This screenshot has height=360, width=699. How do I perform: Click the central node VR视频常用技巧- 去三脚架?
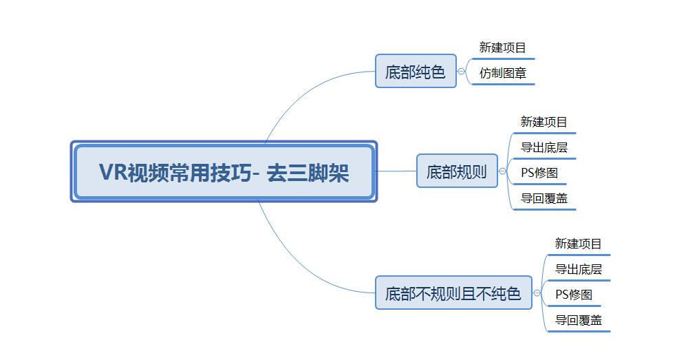coord(224,172)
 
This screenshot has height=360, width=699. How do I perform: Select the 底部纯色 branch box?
coord(416,71)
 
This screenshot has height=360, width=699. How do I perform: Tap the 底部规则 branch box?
coord(457,171)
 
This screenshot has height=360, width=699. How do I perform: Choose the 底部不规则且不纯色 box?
coord(454,293)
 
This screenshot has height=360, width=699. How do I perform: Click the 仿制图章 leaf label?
coord(503,73)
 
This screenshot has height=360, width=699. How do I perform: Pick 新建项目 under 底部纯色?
coord(503,47)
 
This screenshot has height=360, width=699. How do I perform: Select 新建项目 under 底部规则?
coord(544,121)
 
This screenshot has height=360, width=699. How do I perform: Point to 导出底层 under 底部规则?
coord(544,147)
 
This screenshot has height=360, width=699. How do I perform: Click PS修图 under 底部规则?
coord(539,173)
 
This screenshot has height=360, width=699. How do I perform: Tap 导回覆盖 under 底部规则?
coord(544,198)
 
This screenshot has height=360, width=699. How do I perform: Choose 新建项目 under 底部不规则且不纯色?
coord(578,243)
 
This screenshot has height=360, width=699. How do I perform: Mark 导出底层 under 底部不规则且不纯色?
coord(578,269)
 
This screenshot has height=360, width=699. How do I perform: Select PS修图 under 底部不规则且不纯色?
coord(574,295)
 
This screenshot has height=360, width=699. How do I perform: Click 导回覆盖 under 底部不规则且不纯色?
coord(578,320)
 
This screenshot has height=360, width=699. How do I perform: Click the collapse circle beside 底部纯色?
coord(462,72)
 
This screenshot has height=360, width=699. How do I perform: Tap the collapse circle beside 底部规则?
coord(502,171)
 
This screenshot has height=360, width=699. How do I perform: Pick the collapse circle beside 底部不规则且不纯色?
coord(537,293)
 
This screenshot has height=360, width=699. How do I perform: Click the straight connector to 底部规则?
coord(397,171)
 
